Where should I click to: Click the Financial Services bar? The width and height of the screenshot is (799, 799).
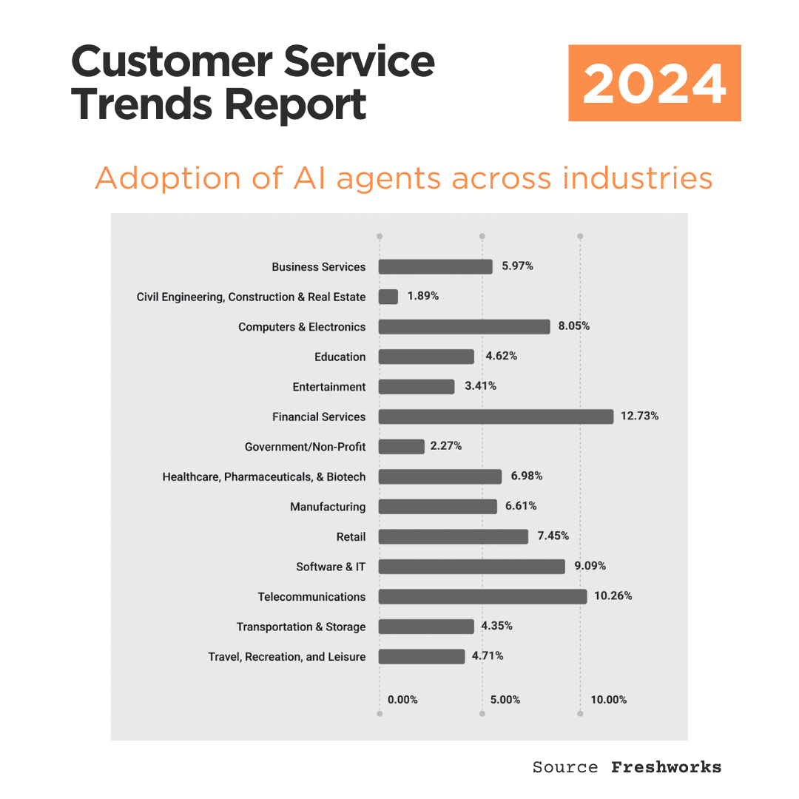tap(496, 417)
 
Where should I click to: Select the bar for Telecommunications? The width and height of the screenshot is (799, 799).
tap(482, 596)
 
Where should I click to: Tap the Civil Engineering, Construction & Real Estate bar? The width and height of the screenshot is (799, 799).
tap(388, 297)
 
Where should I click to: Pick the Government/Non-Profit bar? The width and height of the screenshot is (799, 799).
tap(402, 447)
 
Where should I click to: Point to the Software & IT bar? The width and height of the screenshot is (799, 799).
tap(471, 567)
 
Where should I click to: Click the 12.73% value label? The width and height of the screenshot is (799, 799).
tap(639, 416)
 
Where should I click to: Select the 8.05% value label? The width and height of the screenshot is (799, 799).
tap(575, 326)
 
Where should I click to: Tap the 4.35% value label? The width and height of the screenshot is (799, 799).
tap(496, 626)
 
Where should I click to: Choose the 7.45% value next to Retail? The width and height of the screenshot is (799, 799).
tap(553, 536)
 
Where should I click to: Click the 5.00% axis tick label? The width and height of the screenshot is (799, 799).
tap(505, 700)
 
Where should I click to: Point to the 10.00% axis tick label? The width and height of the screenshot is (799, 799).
tap(608, 700)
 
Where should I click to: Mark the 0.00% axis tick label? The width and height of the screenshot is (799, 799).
tap(402, 700)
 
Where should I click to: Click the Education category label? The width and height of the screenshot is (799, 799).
tap(340, 357)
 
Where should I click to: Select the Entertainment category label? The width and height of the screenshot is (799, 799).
tap(329, 387)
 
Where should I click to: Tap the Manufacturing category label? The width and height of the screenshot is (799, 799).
tap(328, 507)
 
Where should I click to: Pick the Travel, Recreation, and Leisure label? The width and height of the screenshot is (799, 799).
tap(287, 657)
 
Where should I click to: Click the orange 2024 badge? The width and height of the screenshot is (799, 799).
tap(654, 83)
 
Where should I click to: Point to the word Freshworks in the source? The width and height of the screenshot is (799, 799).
tap(666, 767)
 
